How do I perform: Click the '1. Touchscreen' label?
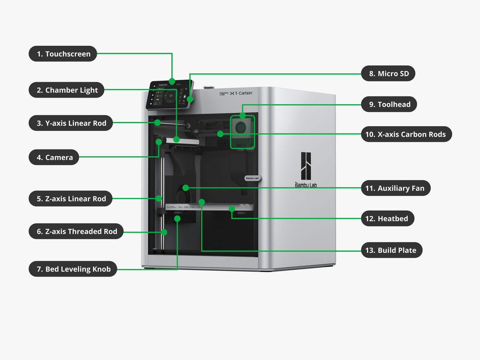63,54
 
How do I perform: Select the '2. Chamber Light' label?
66,90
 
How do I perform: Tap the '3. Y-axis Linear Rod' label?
71,123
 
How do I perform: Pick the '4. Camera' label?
54,157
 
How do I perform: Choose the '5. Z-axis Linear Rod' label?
70,199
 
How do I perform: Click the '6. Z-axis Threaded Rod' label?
76,231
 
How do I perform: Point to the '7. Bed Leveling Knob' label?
73,269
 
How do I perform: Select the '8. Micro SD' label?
388,73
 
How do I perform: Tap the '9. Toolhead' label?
389,104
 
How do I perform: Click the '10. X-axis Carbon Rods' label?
406,134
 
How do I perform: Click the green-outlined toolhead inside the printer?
242,132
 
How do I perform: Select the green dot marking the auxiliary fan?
186,188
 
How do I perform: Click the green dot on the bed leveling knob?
177,219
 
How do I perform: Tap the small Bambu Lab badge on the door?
252,178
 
